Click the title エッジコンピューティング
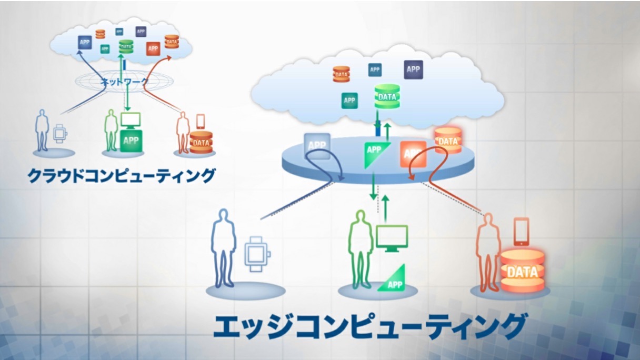(369, 326)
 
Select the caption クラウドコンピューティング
(122, 175)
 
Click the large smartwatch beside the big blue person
(257, 253)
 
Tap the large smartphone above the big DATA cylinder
(521, 232)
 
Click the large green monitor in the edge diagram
(392, 237)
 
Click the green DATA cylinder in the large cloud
(387, 96)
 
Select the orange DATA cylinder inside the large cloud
(342, 74)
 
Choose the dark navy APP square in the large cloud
(413, 69)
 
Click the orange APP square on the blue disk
(413, 154)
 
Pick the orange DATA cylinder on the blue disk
(448, 141)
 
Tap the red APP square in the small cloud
(153, 48)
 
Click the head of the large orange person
(489, 221)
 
